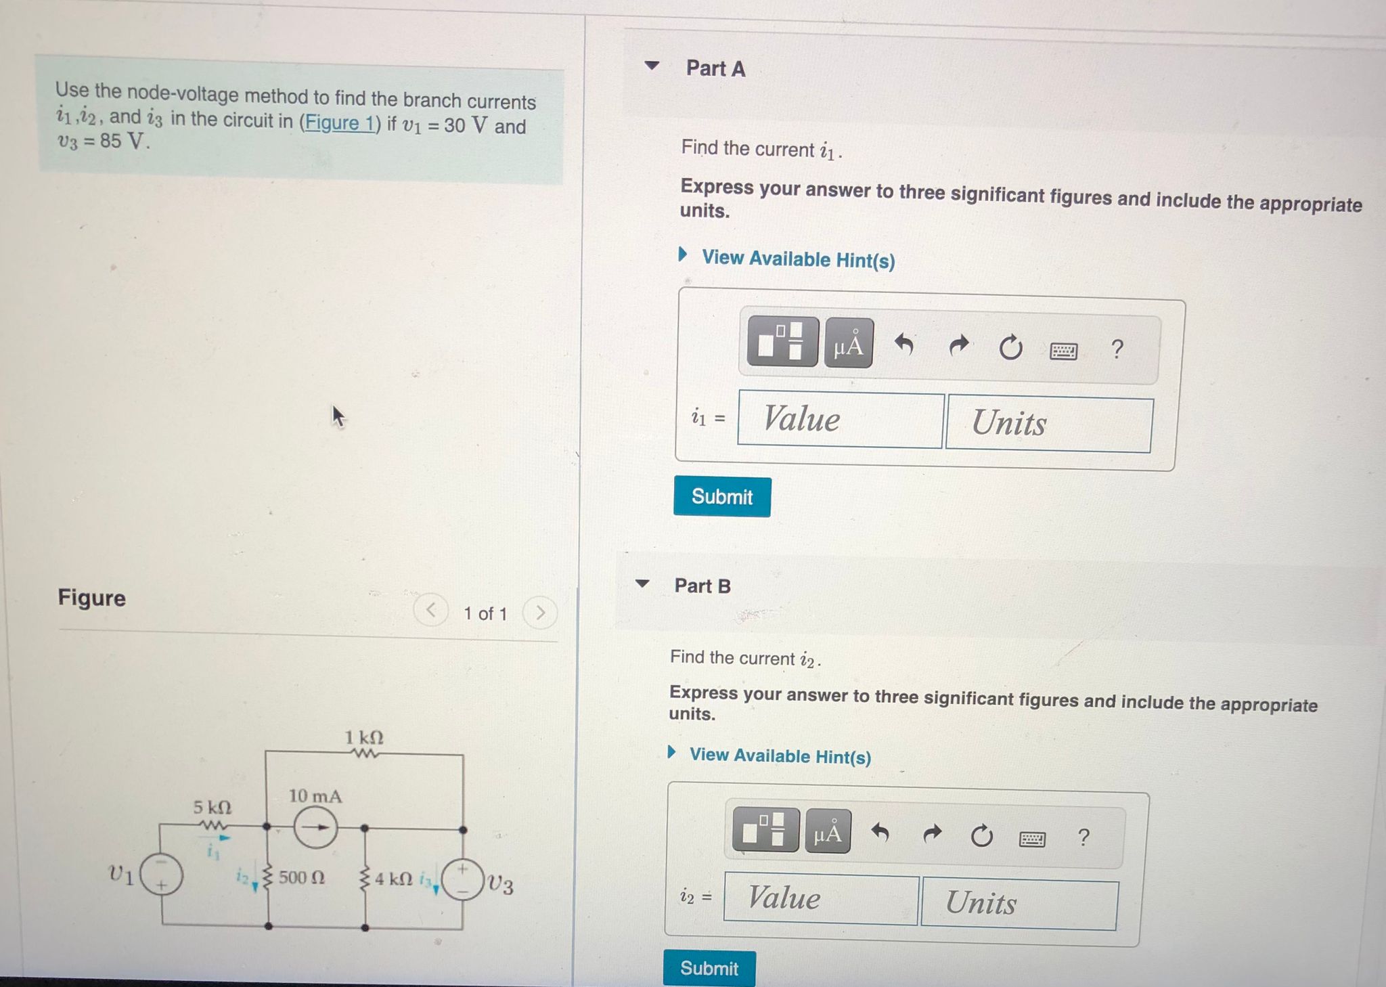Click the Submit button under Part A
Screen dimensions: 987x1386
[722, 497]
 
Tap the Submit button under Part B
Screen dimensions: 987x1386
[709, 968]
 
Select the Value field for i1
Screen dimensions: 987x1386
[840, 420]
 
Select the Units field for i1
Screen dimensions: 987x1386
[1048, 424]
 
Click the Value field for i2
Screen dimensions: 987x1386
[820, 898]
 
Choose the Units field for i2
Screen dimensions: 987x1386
[1019, 904]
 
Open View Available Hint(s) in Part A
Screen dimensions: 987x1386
[798, 259]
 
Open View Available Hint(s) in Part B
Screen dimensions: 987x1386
[780, 755]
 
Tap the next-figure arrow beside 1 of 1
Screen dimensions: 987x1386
[540, 613]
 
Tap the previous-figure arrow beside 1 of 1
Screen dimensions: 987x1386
[431, 611]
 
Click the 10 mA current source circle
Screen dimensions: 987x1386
[315, 827]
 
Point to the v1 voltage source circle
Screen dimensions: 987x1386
[161, 875]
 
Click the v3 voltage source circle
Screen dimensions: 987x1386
[462, 879]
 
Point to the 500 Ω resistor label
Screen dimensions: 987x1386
[302, 877]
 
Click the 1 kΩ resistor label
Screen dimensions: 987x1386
[364, 737]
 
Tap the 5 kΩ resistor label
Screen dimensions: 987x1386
[213, 807]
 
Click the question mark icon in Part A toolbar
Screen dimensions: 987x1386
[1117, 349]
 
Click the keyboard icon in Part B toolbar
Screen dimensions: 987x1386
[1032, 839]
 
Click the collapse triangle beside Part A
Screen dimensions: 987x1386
[652, 66]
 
